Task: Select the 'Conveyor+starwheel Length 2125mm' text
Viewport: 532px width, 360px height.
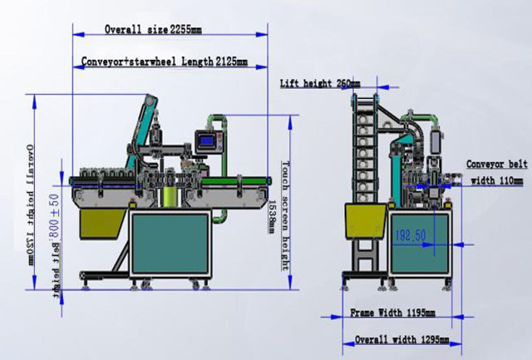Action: [165, 62]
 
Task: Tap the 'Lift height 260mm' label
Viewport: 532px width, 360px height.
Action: [320, 83]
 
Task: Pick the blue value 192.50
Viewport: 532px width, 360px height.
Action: [410, 235]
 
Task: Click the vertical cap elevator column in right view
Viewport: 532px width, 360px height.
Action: [362, 150]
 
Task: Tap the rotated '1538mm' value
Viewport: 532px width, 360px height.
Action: [271, 215]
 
